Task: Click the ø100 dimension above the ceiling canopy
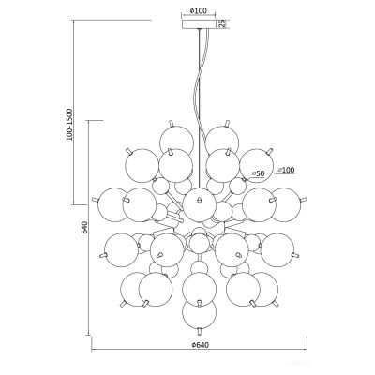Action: (199, 10)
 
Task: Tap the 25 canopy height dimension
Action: (222, 24)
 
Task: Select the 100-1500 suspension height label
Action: (69, 125)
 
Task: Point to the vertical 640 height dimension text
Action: (84, 228)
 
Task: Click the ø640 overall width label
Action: (200, 345)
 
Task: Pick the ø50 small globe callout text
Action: (258, 173)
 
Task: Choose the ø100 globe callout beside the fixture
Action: (286, 170)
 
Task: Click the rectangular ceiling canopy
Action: (199, 24)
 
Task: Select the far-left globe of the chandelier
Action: (114, 204)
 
